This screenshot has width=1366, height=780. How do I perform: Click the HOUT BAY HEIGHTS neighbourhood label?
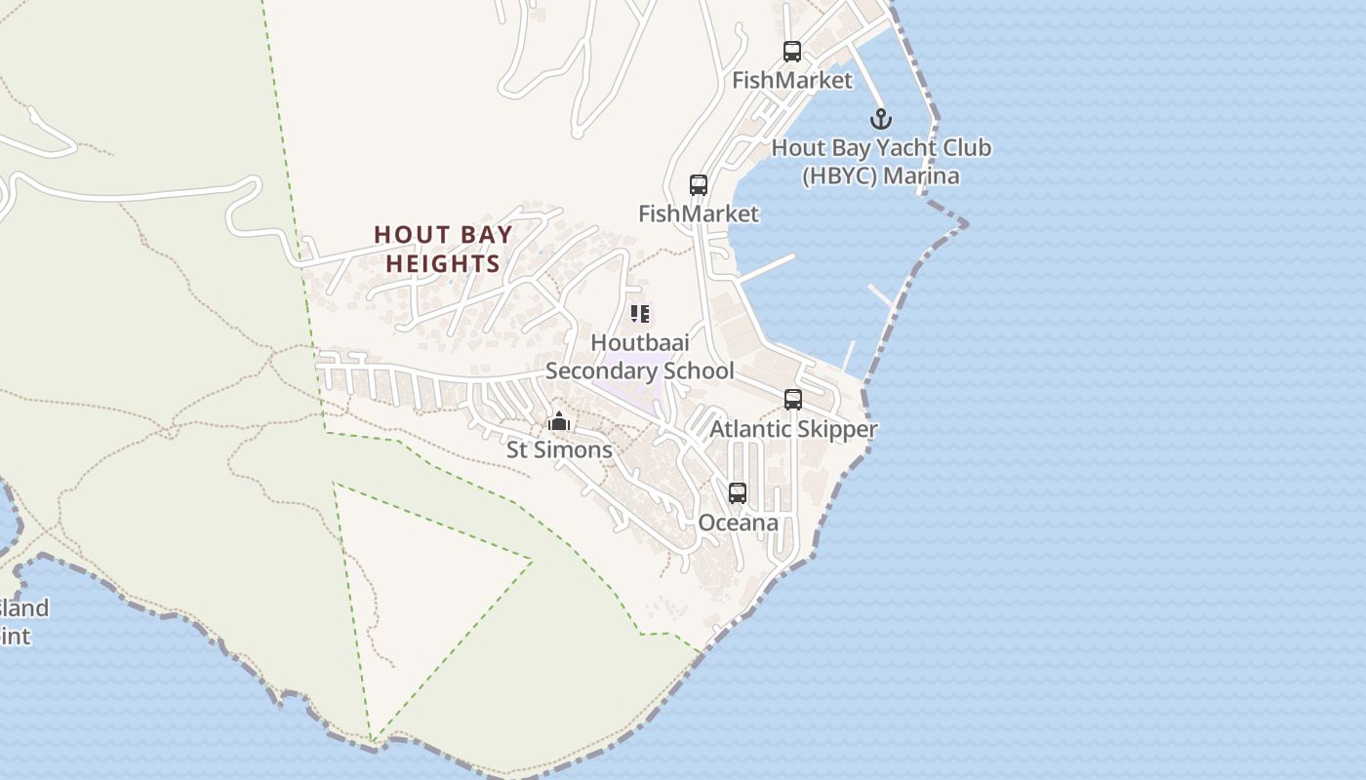coord(443,249)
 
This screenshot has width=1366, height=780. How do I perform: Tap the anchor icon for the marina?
coord(881,119)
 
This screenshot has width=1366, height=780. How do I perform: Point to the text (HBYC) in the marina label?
coord(834,176)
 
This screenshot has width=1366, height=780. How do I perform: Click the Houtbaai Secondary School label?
coord(639,357)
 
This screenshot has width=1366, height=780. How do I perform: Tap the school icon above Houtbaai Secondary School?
coord(640,314)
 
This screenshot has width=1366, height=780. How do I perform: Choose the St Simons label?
coord(559,449)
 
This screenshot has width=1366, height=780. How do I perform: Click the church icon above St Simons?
coord(559,421)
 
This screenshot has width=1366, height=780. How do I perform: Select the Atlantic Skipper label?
coord(793,429)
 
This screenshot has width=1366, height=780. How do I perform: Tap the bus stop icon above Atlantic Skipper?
coord(793,399)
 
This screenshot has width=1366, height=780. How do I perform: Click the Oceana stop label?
coord(738,523)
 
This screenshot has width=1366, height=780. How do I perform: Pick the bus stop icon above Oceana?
coord(738,493)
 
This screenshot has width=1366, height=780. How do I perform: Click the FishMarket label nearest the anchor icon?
coord(792,80)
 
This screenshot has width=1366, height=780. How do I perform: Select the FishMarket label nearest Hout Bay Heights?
coord(699,213)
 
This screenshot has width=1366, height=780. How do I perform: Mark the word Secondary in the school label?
coord(598,371)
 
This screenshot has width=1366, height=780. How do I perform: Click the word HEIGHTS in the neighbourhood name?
coord(443,263)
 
